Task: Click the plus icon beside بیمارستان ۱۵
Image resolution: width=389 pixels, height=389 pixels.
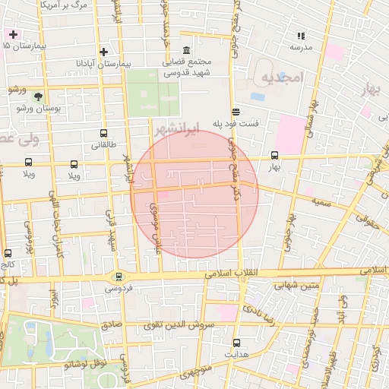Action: coord(13,34)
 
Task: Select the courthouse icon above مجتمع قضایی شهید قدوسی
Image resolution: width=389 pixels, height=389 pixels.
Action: coord(187,49)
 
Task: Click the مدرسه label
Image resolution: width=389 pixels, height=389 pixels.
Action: coord(301,46)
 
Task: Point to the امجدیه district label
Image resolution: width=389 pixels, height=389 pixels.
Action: coord(282,78)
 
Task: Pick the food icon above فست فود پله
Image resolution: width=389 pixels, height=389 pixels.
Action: coord(236,110)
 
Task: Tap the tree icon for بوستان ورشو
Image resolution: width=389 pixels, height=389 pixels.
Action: coord(38,96)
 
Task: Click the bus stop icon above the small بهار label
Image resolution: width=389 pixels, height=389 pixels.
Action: coord(274,155)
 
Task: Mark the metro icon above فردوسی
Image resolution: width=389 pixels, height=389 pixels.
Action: coord(119,277)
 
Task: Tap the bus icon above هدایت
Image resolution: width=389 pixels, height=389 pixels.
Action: coord(236,343)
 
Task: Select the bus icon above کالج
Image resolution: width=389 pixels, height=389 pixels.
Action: coord(8,253)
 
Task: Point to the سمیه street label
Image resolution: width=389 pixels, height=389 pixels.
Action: coord(320,200)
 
